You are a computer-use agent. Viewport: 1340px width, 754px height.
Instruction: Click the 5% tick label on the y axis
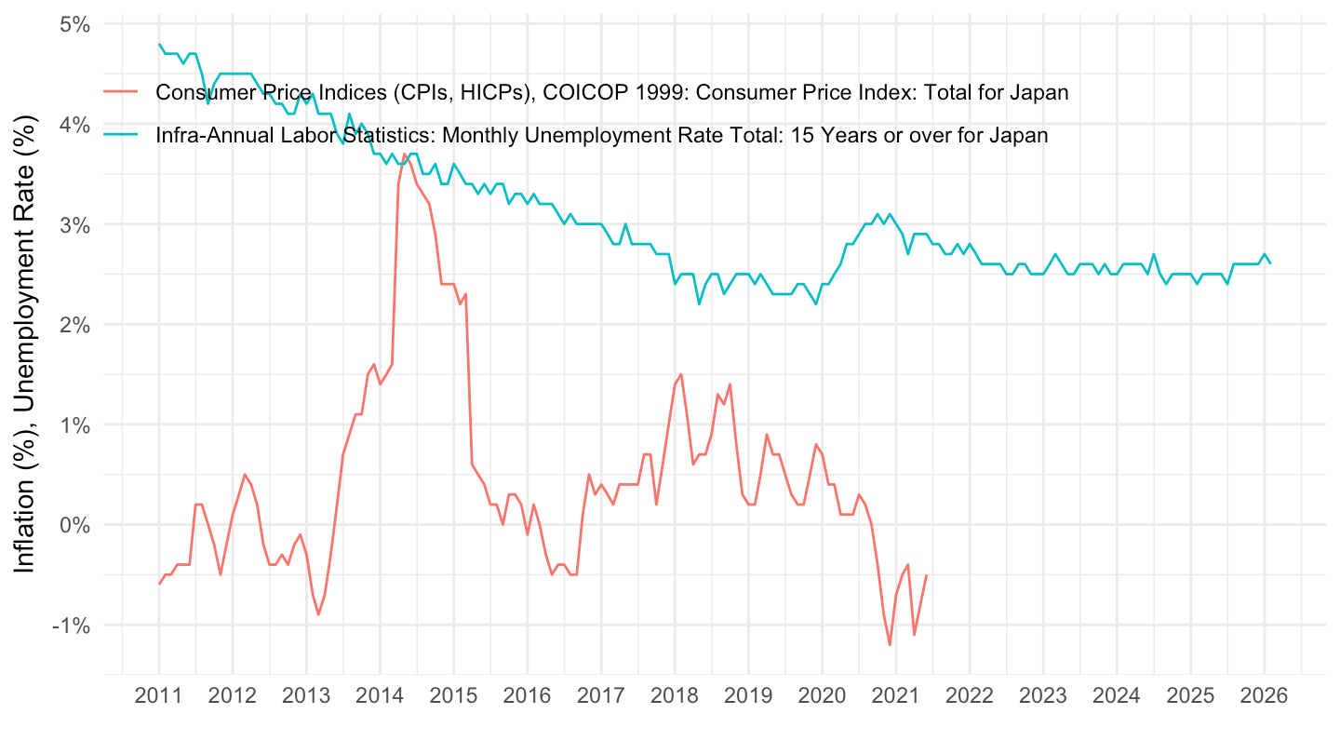(75, 24)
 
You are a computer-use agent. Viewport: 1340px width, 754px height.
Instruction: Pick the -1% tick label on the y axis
(72, 625)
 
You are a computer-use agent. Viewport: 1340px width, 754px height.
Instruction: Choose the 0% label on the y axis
(75, 525)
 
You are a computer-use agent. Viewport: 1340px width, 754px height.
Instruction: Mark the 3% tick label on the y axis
(75, 224)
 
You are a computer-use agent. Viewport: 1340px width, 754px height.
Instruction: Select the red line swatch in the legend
(121, 91)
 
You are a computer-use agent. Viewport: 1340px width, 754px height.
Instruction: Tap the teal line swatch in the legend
(121, 134)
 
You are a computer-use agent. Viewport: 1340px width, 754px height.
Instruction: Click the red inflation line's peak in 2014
(405, 155)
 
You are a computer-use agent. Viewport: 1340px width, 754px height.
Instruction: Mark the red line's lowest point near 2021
(890, 645)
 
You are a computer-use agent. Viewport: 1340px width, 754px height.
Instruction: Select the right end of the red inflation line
(926, 575)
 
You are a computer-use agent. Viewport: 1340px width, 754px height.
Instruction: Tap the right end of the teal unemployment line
(1270, 263)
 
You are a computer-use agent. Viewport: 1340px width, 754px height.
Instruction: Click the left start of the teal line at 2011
(159, 44)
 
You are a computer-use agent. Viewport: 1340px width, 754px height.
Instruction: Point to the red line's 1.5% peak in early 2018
(681, 374)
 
